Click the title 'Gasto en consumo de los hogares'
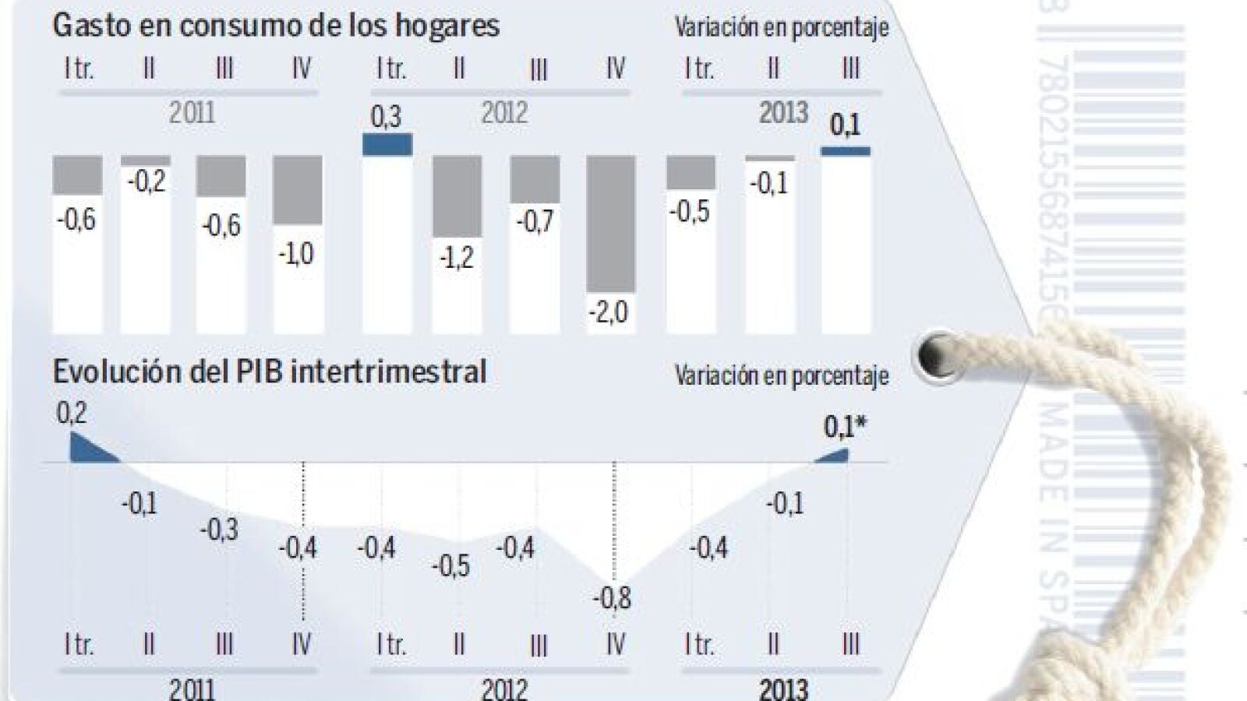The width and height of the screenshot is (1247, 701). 276,26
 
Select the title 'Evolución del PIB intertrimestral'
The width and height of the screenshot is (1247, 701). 269,372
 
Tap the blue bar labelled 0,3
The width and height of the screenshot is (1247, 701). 387,144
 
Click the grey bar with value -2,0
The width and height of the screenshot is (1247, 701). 611,223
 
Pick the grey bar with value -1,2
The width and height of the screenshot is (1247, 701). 457,196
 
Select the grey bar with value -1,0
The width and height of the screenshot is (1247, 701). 298,189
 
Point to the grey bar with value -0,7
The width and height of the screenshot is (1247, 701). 535,179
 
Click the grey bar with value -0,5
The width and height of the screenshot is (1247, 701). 691,172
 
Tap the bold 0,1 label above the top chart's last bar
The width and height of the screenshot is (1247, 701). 845,125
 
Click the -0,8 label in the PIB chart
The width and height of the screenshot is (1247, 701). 612,598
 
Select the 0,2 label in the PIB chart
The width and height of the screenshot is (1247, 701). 72,413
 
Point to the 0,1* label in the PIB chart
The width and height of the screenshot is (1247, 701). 845,427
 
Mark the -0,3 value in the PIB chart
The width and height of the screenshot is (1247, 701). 219,530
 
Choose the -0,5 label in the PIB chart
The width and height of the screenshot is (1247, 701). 450,565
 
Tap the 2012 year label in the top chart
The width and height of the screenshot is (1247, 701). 504,114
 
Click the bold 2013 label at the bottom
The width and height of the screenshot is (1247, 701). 783,689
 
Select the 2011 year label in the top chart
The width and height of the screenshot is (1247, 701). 192,114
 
